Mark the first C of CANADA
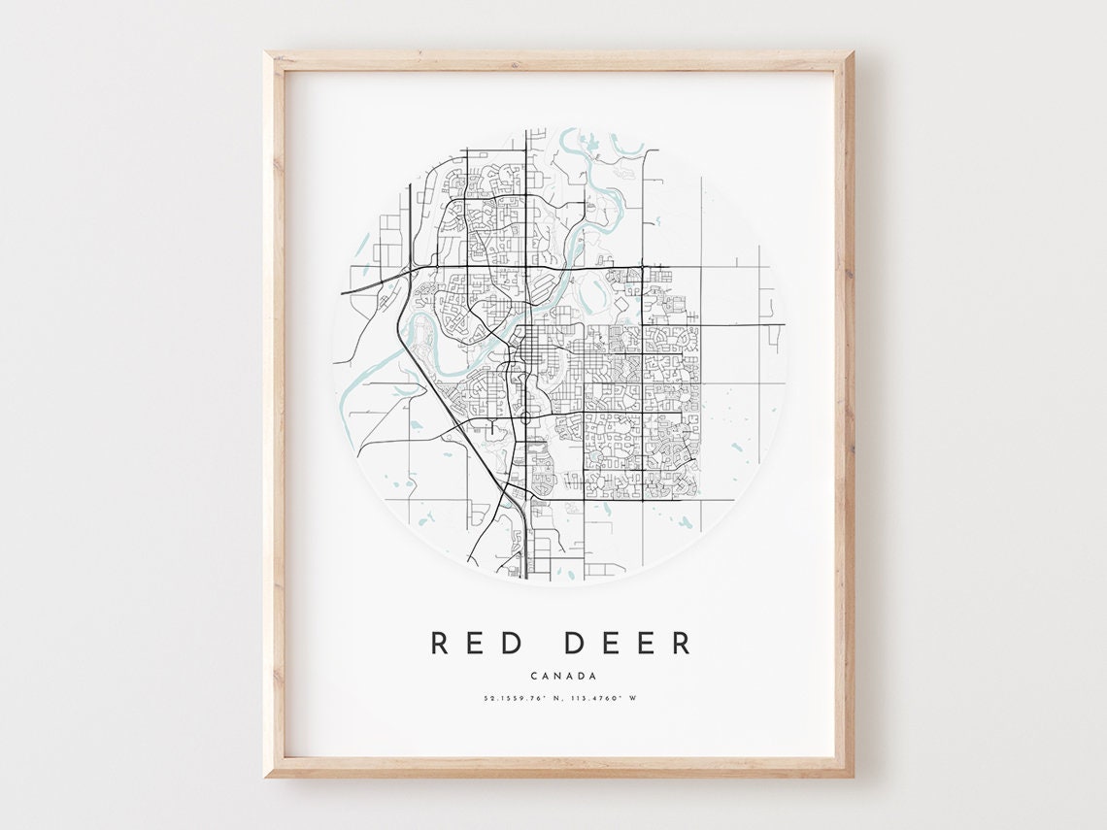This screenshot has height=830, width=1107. pyautogui.click(x=534, y=677)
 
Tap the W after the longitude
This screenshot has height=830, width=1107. pyautogui.click(x=633, y=697)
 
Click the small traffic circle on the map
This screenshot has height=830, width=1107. pyautogui.click(x=524, y=418)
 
